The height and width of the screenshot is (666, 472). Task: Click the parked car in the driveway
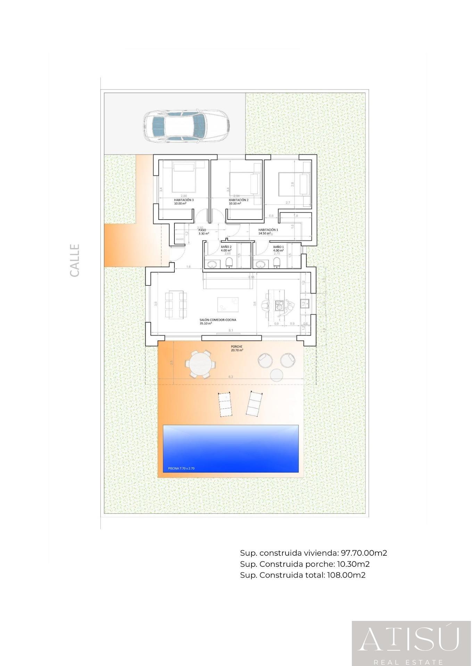pyautogui.click(x=187, y=125)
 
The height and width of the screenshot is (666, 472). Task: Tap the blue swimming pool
pyautogui.click(x=231, y=448)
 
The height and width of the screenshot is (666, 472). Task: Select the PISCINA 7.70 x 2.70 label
pyautogui.click(x=181, y=468)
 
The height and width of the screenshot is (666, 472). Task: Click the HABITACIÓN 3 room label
pyautogui.click(x=184, y=200)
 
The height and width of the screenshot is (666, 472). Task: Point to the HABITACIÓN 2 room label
pyautogui.click(x=239, y=200)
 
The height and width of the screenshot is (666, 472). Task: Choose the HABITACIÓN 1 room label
pyautogui.click(x=268, y=230)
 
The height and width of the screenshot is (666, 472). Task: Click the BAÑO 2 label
pyautogui.click(x=226, y=247)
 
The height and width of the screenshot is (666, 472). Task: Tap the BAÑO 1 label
pyautogui.click(x=279, y=247)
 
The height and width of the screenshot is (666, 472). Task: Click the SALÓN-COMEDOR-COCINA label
pyautogui.click(x=218, y=320)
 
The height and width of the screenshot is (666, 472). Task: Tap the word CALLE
pyautogui.click(x=75, y=261)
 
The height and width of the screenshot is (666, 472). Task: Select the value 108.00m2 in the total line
pyautogui.click(x=346, y=575)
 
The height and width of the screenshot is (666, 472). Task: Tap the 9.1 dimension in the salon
pyautogui.click(x=231, y=331)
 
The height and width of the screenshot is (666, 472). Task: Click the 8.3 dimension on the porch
pyautogui.click(x=231, y=376)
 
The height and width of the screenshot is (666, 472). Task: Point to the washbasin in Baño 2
pyautogui.click(x=212, y=265)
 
